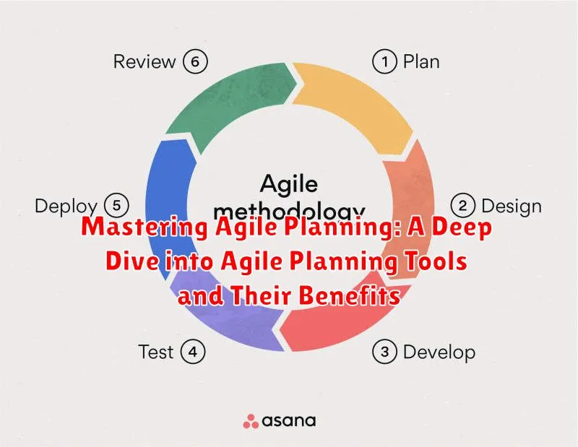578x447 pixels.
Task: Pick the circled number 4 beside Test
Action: (193, 352)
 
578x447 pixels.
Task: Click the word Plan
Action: (422, 61)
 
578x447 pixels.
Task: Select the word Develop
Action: (439, 352)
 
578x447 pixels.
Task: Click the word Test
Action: (155, 352)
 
